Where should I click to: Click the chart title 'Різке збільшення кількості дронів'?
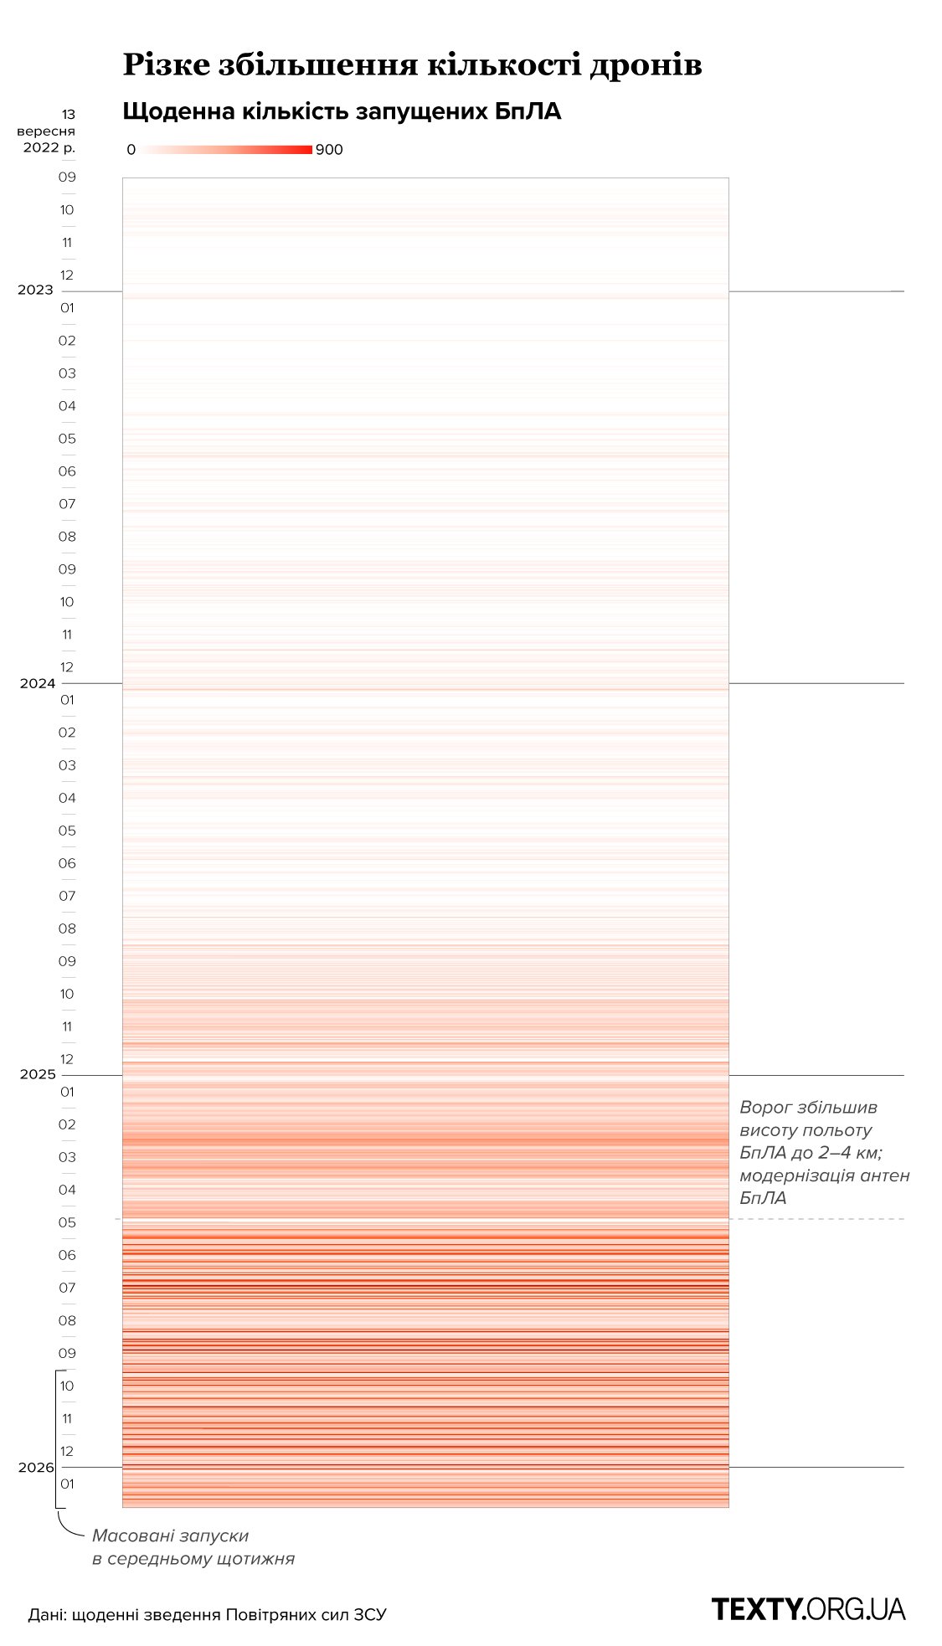pos(412,64)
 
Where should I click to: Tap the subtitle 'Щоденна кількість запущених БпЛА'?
pos(342,111)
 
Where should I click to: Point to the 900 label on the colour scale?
pos(329,150)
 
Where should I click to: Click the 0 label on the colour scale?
pos(131,150)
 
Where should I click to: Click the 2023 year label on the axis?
pos(35,291)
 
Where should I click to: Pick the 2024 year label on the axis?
pos(37,683)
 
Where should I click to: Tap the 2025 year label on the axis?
pos(37,1075)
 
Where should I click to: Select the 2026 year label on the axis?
pos(36,1467)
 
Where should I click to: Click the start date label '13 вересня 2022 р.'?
pos(49,131)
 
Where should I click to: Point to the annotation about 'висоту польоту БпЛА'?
pos(824,1152)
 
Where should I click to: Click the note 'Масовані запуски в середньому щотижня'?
pos(193,1547)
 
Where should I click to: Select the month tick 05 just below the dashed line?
pos(67,1222)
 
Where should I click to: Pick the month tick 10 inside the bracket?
pos(67,1386)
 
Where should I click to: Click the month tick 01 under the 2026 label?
pos(67,1484)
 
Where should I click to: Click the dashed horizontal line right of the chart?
pos(816,1219)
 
